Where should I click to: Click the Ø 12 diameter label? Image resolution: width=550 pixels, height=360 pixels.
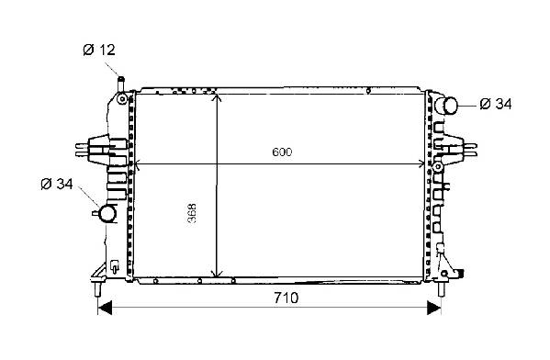point(99,50)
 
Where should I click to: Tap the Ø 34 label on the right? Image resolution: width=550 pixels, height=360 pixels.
point(496,104)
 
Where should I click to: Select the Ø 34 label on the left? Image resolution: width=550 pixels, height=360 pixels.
point(57,184)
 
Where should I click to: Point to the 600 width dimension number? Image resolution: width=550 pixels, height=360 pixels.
point(282,152)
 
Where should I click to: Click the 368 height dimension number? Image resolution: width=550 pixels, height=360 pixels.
point(192,213)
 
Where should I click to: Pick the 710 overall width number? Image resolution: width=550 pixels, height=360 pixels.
point(286,298)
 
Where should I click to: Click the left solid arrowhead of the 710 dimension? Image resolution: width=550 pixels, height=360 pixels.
point(105,308)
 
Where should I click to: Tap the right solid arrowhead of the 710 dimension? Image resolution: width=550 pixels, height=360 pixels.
point(434,308)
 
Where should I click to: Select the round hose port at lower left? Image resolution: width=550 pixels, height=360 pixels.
point(107,213)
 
